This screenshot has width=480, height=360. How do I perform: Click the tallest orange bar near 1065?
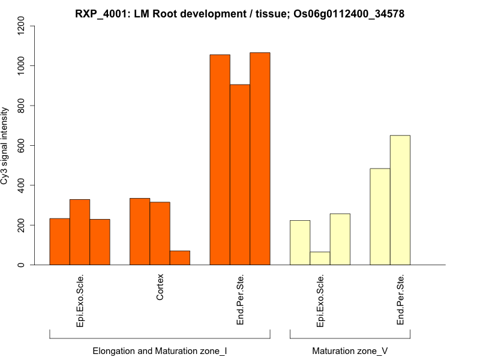(260, 159)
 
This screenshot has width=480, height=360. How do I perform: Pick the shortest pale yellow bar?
(320, 258)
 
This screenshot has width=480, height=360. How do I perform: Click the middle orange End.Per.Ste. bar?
(240, 175)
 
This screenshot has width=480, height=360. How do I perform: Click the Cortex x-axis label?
(160, 287)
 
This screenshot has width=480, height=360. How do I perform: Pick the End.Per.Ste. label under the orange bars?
(240, 300)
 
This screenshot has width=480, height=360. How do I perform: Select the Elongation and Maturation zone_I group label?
(160, 350)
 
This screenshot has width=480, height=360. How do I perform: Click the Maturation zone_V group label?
(350, 350)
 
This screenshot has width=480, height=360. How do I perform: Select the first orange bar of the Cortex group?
(140, 232)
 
